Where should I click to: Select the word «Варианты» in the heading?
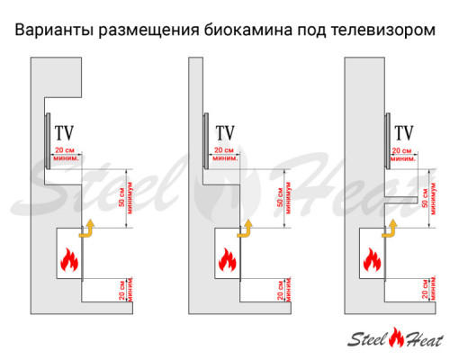point(49,30)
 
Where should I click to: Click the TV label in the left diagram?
point(64,132)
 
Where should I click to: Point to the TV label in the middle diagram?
point(224,132)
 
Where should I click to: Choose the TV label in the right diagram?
point(404,132)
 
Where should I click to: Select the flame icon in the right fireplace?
point(370,262)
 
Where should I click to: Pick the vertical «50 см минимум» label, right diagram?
point(429,197)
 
